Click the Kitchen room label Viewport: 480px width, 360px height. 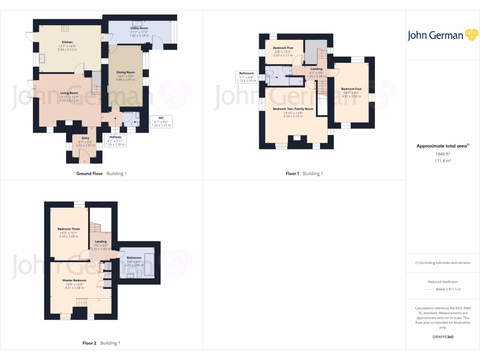(67, 42)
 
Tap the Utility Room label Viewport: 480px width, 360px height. (139, 28)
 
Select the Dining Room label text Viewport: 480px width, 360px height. (126, 72)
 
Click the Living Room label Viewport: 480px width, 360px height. (68, 93)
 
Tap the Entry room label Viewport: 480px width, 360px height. (85, 138)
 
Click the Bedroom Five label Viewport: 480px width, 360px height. (283, 48)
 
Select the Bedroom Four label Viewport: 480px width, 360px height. (351, 89)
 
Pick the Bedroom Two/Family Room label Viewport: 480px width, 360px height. (293, 109)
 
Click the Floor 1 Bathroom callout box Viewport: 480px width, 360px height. (246, 77)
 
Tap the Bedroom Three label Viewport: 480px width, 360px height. (68, 229)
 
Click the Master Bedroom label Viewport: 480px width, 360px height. (75, 280)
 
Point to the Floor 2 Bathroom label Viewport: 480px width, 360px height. (134, 258)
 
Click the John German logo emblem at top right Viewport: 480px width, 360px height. (471, 35)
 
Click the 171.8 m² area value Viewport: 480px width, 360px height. (443, 161)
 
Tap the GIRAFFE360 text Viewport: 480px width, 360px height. (443, 337)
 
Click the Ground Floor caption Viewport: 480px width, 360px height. (90, 173)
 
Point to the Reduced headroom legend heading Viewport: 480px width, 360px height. (443, 282)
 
